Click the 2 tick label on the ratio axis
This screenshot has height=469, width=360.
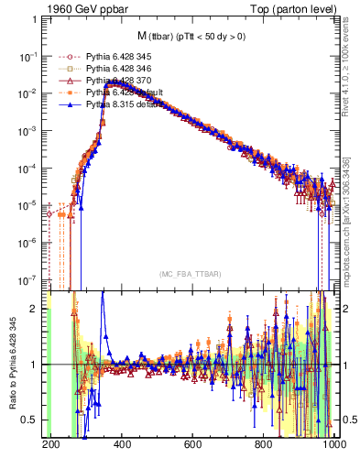tap(35, 309)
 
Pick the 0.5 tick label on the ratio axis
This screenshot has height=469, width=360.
tap(31, 420)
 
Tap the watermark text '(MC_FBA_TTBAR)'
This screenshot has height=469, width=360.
tap(190, 274)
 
